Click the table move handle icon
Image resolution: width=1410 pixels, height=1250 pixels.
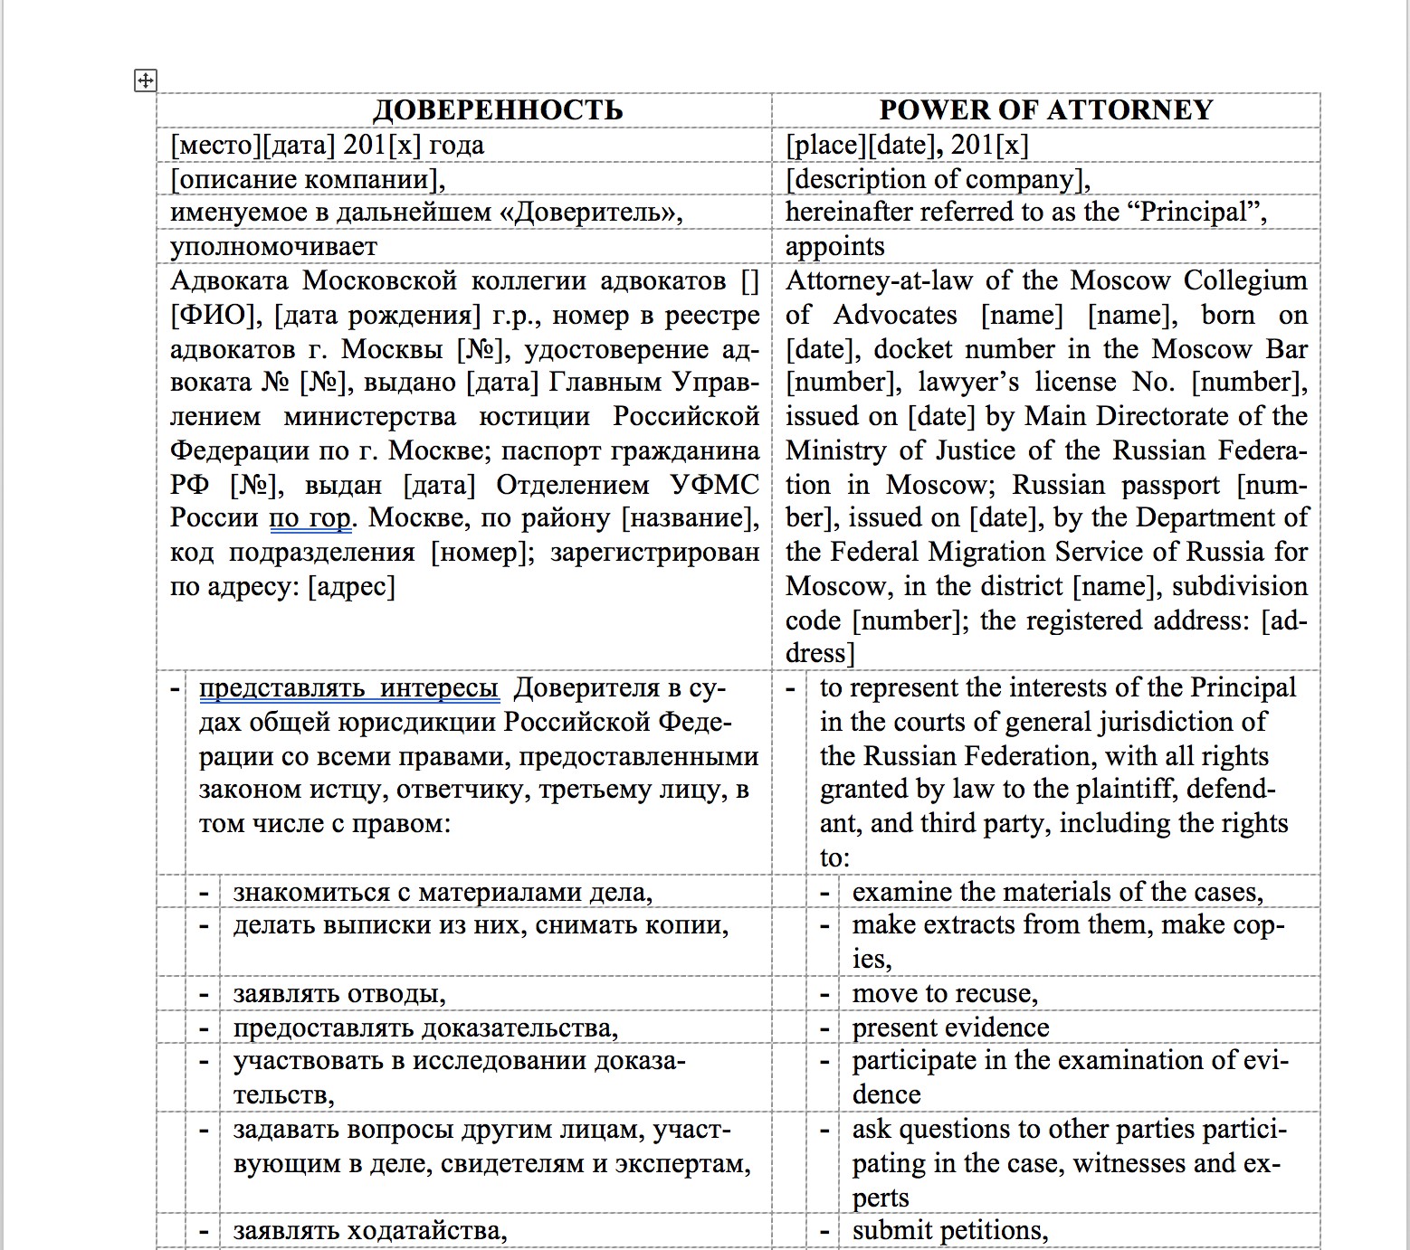pyautogui.click(x=145, y=80)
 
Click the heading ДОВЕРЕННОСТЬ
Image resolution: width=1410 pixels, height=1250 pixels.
pyautogui.click(x=498, y=110)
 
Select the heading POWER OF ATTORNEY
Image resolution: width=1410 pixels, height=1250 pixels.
pyautogui.click(x=1045, y=110)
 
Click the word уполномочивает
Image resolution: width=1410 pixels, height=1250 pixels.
pyautogui.click(x=273, y=247)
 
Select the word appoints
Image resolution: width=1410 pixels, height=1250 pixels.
pyautogui.click(x=834, y=247)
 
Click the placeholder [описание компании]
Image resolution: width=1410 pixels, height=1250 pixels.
pyautogui.click(x=307, y=179)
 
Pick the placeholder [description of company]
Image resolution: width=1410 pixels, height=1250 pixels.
pyautogui.click(x=937, y=179)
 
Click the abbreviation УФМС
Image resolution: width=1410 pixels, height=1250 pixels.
pyautogui.click(x=715, y=485)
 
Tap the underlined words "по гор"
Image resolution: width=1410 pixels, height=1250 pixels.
pyautogui.click(x=310, y=518)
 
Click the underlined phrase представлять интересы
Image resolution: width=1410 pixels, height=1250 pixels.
pyautogui.click(x=348, y=688)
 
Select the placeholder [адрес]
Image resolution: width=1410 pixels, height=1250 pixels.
pyautogui.click(x=352, y=587)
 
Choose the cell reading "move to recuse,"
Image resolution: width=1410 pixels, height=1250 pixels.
pyautogui.click(x=945, y=994)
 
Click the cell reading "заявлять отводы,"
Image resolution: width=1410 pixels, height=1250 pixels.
pyautogui.click(x=339, y=994)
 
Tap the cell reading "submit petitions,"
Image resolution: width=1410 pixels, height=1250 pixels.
pyautogui.click(x=950, y=1231)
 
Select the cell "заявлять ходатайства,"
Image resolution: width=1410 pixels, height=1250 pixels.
pyautogui.click(x=369, y=1231)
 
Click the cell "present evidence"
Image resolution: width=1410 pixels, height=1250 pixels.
pyautogui.click(x=950, y=1028)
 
